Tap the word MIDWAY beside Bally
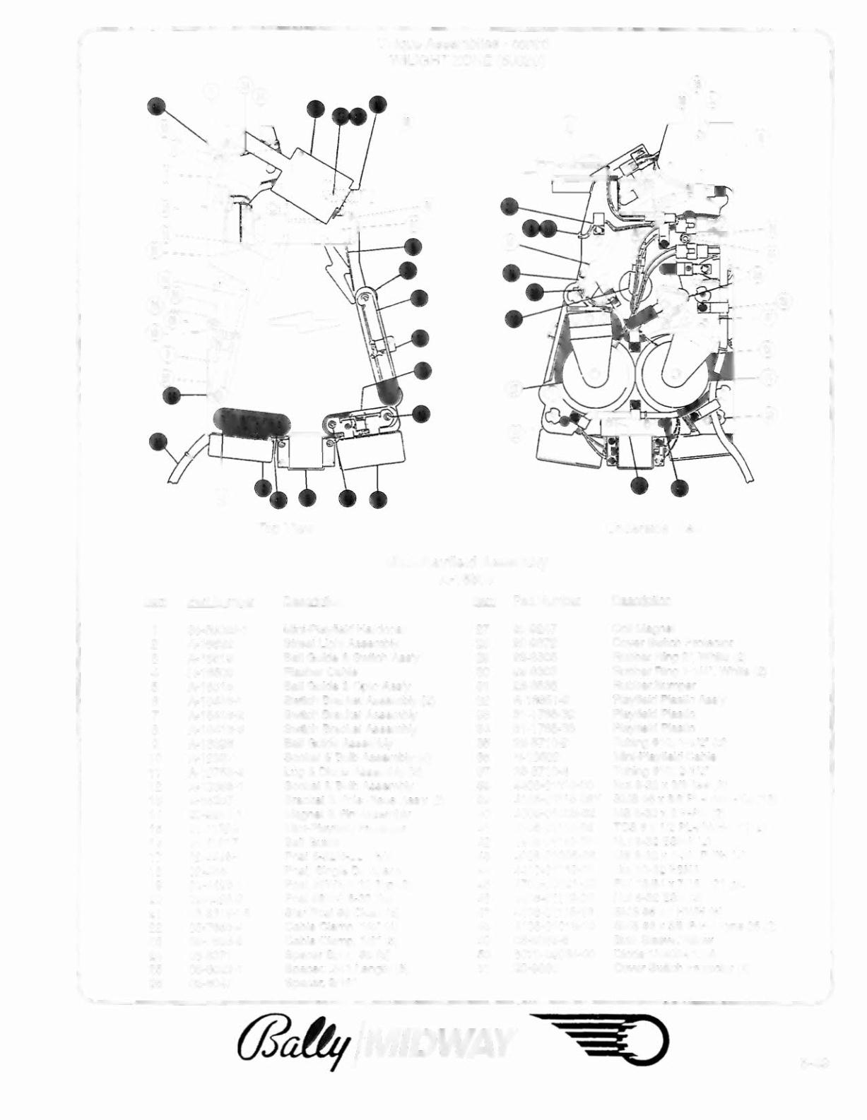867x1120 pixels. (x=438, y=1042)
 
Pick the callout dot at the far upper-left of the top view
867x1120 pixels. (x=157, y=107)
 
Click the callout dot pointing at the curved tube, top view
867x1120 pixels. (x=158, y=442)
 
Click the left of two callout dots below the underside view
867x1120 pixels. (x=639, y=486)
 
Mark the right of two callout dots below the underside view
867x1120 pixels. (x=680, y=487)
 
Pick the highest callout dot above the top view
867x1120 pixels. (x=379, y=103)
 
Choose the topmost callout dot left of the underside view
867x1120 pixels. (x=509, y=206)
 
